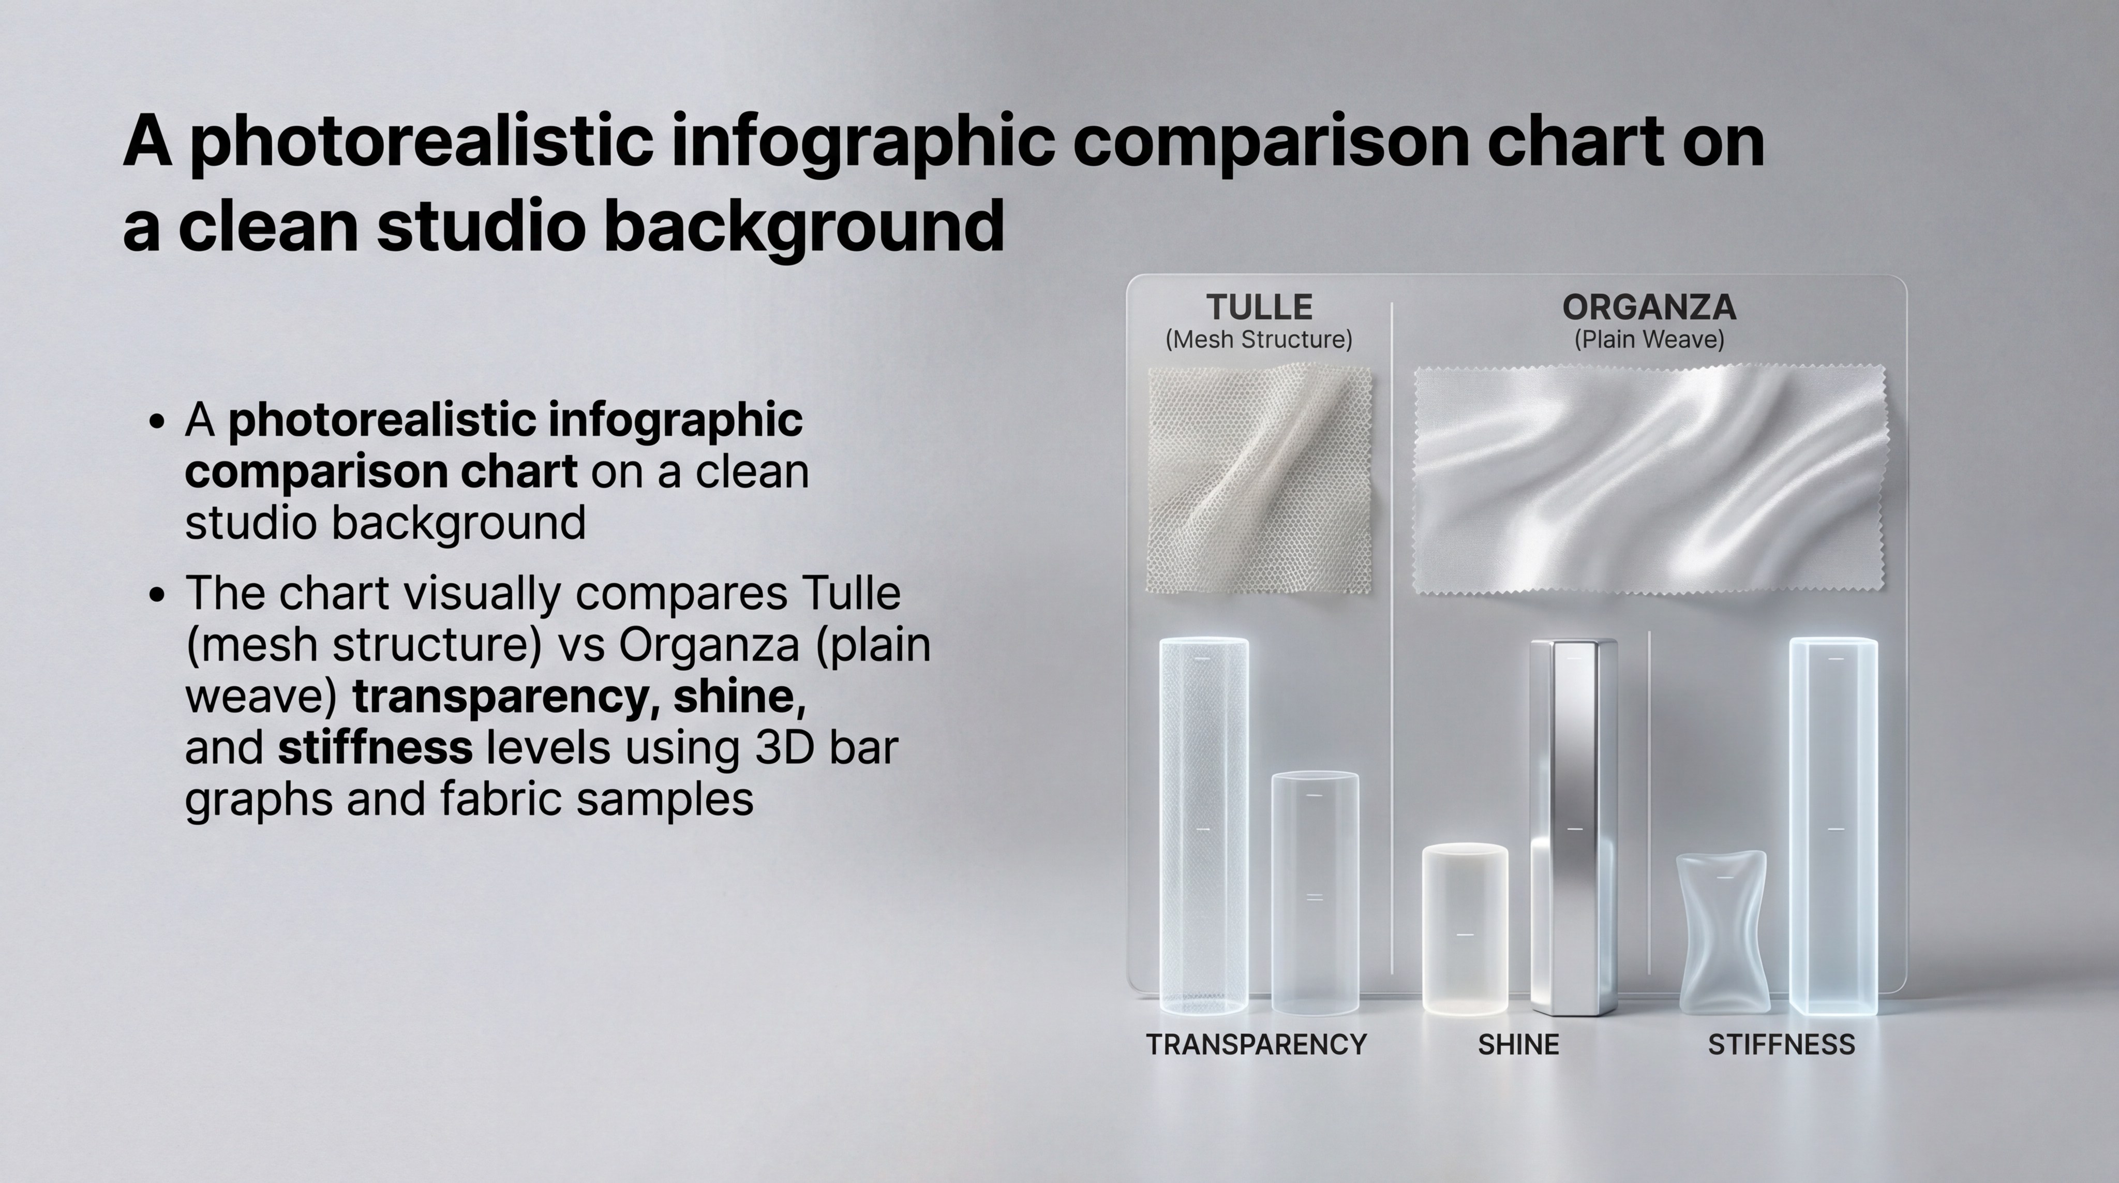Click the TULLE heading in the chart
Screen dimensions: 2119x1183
point(1259,308)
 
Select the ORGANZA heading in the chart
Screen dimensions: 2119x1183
point(1649,308)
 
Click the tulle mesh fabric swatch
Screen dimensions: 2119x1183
point(1259,480)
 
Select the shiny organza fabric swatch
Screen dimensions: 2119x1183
point(1649,480)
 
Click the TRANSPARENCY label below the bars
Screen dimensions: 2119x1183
point(1256,1045)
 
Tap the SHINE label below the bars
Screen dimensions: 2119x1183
point(1518,1045)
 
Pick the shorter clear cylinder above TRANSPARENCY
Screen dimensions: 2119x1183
point(1315,893)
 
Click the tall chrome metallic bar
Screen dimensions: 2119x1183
point(1574,827)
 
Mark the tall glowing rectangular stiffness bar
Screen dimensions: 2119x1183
point(1833,826)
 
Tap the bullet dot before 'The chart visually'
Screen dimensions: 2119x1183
point(158,595)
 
